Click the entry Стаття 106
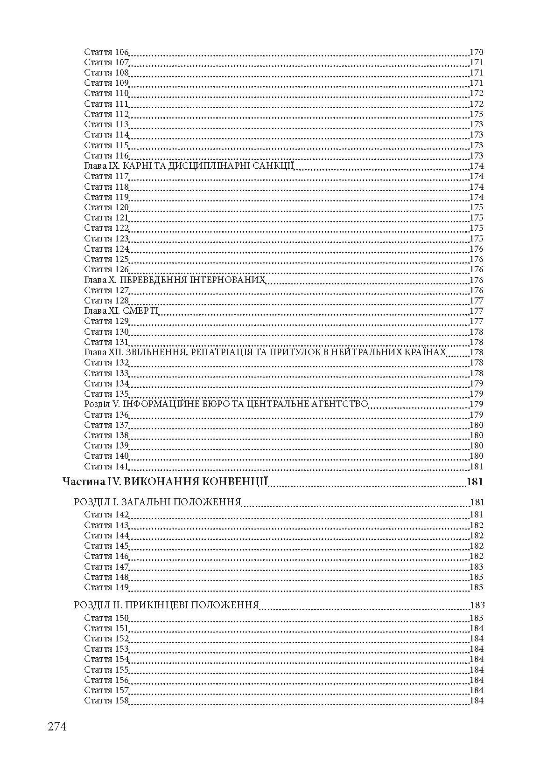(x=106, y=52)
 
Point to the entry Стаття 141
(x=106, y=467)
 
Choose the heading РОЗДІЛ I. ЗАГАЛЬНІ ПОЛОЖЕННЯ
(x=157, y=502)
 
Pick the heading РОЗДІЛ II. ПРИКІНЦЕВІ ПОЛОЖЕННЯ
(x=166, y=606)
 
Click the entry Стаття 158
(x=106, y=701)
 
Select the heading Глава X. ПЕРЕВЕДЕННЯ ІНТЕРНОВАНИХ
(x=175, y=280)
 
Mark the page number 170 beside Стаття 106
(x=476, y=52)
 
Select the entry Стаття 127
(x=106, y=290)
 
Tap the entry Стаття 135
(x=106, y=394)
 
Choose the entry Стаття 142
(x=106, y=515)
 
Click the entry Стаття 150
(x=106, y=618)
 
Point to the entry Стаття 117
(x=106, y=176)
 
